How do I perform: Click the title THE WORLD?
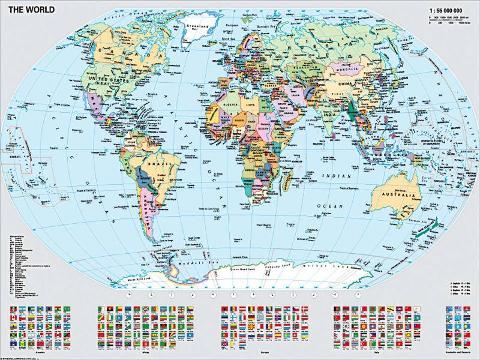click(x=31, y=13)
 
